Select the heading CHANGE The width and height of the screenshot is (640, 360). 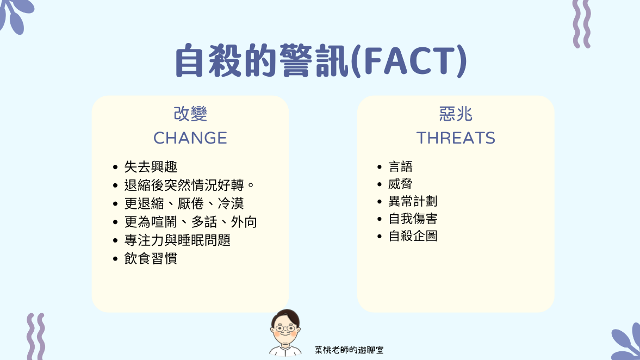click(x=190, y=138)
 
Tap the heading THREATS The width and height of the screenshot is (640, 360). click(x=456, y=138)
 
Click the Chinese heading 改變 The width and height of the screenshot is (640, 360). click(x=190, y=114)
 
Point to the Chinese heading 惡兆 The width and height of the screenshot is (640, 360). click(x=456, y=114)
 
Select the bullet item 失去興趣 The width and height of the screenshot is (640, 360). click(x=151, y=166)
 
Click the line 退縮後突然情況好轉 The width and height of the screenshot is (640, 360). click(x=184, y=185)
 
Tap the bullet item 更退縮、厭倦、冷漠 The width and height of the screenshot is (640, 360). click(x=184, y=203)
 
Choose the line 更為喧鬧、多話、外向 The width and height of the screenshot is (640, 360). click(x=191, y=222)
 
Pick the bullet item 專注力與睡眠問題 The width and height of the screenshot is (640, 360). click(x=178, y=240)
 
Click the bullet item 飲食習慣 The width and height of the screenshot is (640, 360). click(x=151, y=258)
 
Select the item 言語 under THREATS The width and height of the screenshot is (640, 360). click(x=400, y=166)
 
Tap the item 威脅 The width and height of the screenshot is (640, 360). click(x=400, y=184)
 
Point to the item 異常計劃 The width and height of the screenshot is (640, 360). click(x=413, y=201)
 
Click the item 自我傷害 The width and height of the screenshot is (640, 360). click(x=413, y=219)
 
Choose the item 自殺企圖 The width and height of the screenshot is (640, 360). click(x=413, y=236)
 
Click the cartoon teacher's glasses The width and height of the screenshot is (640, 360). click(x=285, y=328)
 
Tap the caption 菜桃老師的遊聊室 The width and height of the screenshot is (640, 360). click(x=349, y=350)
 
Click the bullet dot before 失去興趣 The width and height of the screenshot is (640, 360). click(x=115, y=167)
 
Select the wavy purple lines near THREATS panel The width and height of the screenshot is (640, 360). click(x=582, y=24)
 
